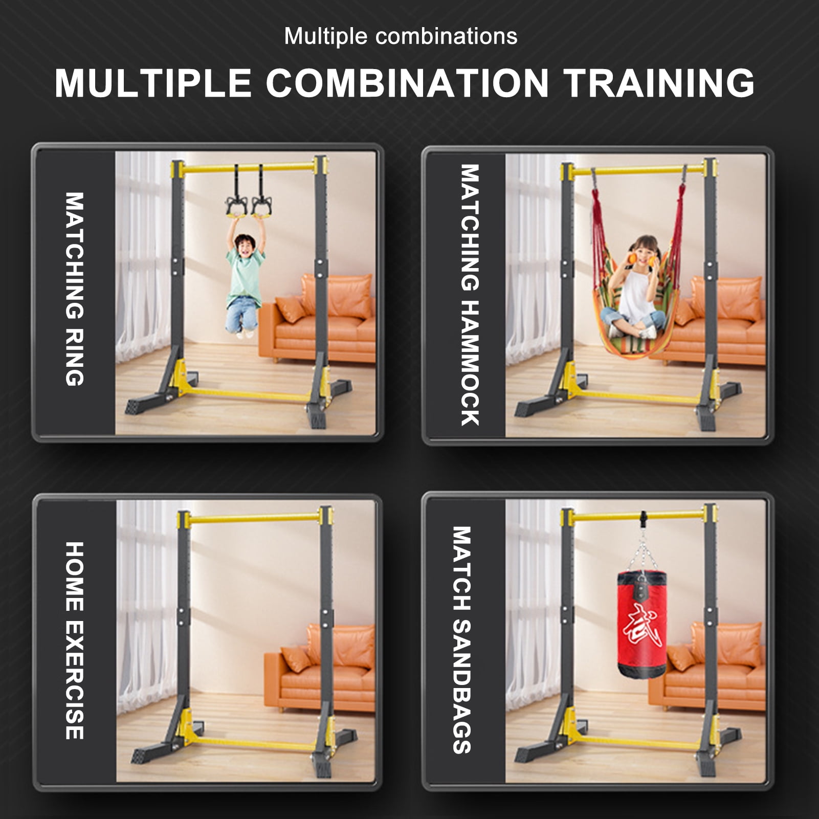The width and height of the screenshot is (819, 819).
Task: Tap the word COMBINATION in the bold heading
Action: coord(407,83)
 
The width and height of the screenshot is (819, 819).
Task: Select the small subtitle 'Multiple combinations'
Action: coord(401,37)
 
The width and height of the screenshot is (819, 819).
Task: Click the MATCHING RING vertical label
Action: coord(75,289)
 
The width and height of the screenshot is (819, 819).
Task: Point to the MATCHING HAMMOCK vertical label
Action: coord(470,295)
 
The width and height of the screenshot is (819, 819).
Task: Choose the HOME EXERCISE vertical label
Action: coord(75,640)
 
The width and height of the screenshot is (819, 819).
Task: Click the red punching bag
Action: coord(641,624)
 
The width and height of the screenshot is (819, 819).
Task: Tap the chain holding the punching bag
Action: coord(641,552)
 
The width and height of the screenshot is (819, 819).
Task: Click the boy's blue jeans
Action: coord(241,315)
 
